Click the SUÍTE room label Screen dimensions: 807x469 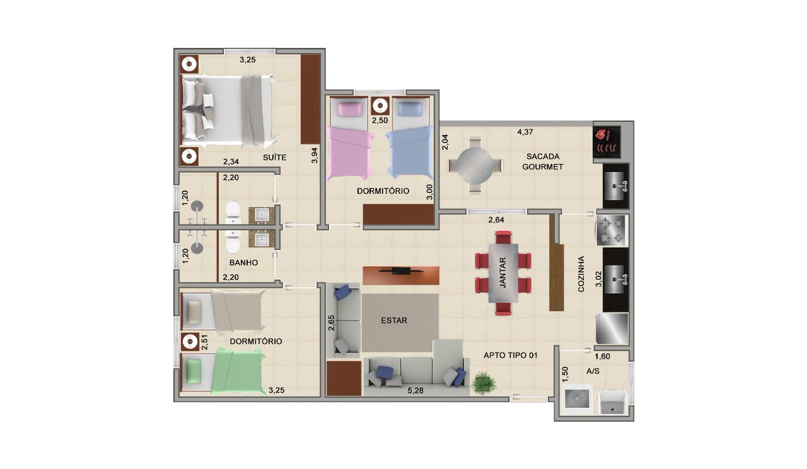point(274,158)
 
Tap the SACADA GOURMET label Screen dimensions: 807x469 point(543,161)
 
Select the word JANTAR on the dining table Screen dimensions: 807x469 point(503,272)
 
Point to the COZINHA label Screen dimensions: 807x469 point(581,274)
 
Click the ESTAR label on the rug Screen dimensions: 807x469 point(394,320)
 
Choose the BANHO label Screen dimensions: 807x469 point(243,263)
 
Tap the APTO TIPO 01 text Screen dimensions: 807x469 point(511,355)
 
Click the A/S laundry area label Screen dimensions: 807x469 point(593,371)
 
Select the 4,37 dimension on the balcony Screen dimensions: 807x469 point(525,132)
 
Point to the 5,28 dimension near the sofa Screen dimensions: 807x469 point(415,390)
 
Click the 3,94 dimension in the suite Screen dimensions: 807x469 point(315,155)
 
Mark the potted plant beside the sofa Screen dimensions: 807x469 point(484,383)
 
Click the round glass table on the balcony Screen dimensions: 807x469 point(475,166)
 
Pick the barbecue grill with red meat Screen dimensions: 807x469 point(607,142)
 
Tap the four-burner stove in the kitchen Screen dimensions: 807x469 point(612,230)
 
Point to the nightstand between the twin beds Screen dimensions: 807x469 point(380,106)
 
